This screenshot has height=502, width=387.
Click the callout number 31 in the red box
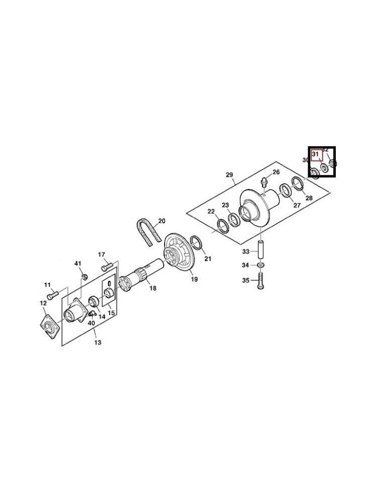(x=316, y=154)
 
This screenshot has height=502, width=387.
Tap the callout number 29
(x=229, y=175)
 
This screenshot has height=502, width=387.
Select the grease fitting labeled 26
(x=264, y=180)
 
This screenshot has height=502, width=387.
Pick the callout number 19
(x=194, y=279)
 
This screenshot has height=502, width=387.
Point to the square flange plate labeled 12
(x=50, y=327)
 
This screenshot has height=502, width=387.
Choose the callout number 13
(x=97, y=342)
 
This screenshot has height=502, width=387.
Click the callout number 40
(x=91, y=323)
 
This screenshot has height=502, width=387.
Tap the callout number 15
(x=111, y=313)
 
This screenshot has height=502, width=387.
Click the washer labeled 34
(x=261, y=265)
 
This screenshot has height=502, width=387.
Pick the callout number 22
(x=211, y=211)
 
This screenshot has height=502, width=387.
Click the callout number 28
(x=309, y=198)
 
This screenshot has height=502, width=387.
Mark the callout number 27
(x=297, y=205)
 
